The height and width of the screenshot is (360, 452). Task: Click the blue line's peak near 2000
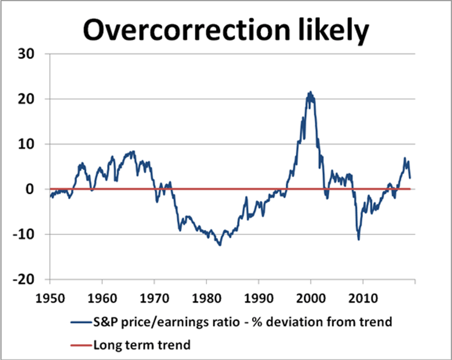[310, 92]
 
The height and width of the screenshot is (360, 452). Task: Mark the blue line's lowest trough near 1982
[219, 245]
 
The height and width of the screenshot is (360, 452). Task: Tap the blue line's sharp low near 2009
[358, 240]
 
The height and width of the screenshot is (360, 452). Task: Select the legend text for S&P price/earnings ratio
[242, 322]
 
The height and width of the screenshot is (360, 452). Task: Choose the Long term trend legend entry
[142, 344]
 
